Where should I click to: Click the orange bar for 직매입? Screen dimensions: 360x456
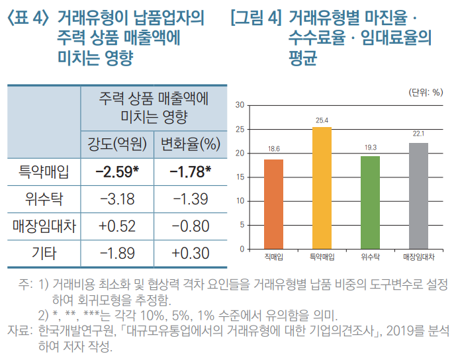coord(273,204)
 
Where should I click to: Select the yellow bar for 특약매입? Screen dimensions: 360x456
coord(322,188)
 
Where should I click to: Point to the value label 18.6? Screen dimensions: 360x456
coord(273,149)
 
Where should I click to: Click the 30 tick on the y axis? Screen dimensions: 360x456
coord(240,105)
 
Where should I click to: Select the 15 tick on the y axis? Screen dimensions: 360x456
coord(240,177)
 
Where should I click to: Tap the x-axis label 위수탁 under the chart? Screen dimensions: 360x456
coord(370,256)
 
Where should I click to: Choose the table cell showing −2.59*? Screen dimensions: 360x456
coord(117,172)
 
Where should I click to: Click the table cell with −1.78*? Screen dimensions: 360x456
coord(191,172)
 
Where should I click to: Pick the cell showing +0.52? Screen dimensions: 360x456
coord(117,225)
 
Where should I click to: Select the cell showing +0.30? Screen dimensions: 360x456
coord(191,252)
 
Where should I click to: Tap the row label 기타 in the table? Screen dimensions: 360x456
coord(44,252)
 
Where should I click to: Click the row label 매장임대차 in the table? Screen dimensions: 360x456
coord(44,225)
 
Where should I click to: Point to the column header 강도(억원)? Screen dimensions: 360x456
coord(117,142)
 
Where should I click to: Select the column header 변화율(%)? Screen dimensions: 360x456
coord(191,142)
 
